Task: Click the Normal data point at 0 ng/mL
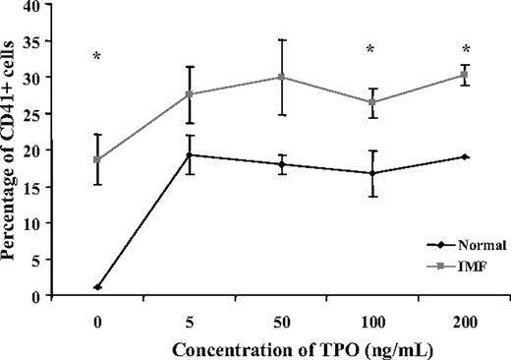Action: coord(96,287)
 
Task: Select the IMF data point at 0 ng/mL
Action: coord(96,159)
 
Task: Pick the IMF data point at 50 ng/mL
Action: coord(282,77)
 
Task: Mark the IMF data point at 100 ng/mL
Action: coord(372,101)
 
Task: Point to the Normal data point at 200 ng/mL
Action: coord(464,156)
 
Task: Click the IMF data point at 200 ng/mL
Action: coord(464,75)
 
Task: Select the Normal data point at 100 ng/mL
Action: coord(372,173)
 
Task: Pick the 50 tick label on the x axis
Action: coord(282,320)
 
